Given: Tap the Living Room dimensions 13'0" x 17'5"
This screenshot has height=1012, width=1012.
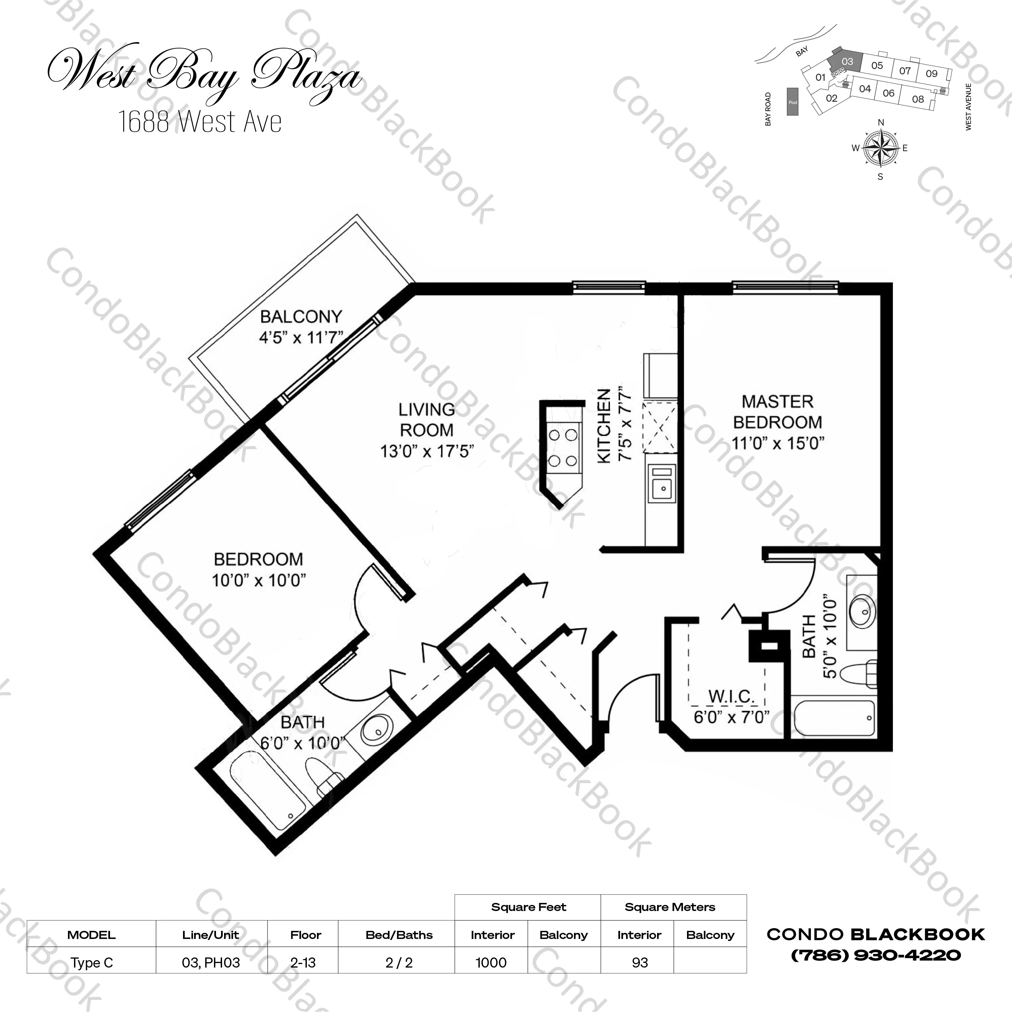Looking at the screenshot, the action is pyautogui.click(x=427, y=451).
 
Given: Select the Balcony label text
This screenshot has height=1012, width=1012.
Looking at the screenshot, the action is pyautogui.click(x=301, y=316).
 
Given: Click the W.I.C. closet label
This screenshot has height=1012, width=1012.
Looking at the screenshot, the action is pyautogui.click(x=731, y=697).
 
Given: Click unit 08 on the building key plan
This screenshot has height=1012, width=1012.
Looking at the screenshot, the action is pyautogui.click(x=918, y=99).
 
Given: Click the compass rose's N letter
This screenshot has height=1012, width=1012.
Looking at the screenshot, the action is pyautogui.click(x=880, y=123).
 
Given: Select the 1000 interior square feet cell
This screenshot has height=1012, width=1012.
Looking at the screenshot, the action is pyautogui.click(x=491, y=962).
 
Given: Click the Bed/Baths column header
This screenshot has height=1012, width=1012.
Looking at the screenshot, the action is pyautogui.click(x=399, y=935).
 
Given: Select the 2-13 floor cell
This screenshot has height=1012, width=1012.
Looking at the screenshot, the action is pyautogui.click(x=303, y=962).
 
